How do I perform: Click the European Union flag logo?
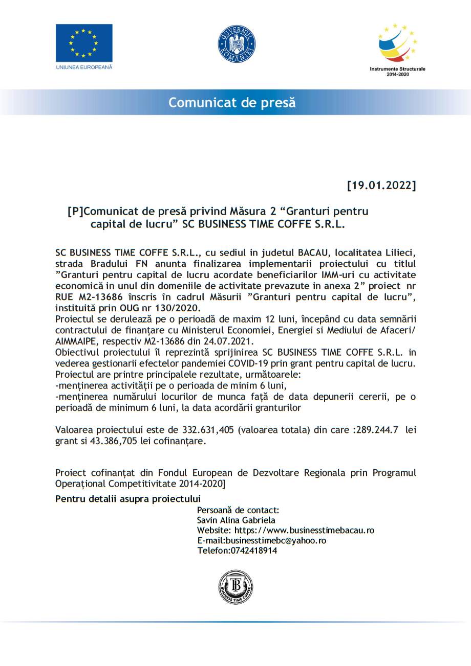[x=84, y=43]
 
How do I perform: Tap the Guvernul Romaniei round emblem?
[x=236, y=43]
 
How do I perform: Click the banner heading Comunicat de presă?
[x=232, y=102]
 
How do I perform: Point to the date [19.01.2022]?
[x=381, y=185]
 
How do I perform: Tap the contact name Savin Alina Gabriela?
[x=236, y=520]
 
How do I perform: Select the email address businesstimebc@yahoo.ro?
[x=276, y=540]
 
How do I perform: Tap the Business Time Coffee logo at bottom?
[x=235, y=587]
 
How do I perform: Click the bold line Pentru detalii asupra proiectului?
[x=128, y=498]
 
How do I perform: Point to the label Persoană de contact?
[x=238, y=510]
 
